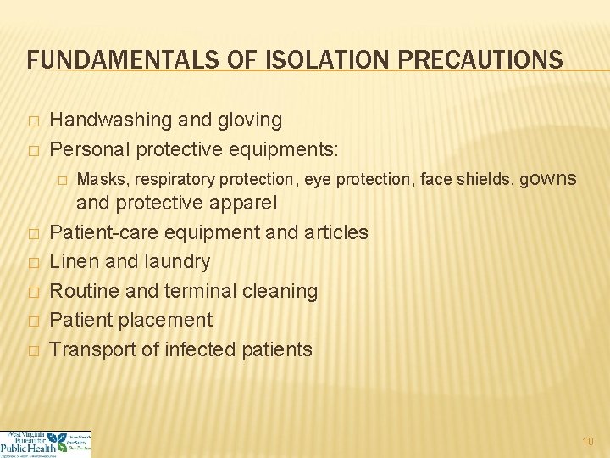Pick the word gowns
547,179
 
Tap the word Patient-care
103,232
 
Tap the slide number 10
588,441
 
